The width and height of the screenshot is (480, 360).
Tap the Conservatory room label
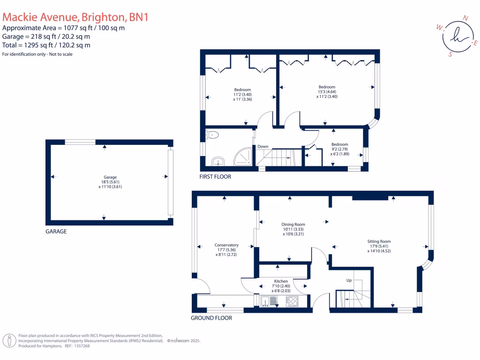point(226,245)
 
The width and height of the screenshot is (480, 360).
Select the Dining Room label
point(293,225)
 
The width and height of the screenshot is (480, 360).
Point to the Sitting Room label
point(379,241)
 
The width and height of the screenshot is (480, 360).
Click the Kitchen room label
point(281,281)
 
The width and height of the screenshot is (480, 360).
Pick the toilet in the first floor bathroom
point(212,135)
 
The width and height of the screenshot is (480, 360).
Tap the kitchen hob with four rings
point(292,301)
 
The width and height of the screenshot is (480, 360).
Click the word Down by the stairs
point(262,147)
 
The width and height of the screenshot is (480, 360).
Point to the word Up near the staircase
point(349,280)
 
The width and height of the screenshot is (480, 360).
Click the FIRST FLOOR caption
point(216,177)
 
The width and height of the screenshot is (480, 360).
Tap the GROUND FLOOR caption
point(211,318)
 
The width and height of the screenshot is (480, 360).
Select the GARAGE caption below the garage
point(56,232)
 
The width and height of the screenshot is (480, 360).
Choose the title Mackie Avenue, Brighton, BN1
point(75,17)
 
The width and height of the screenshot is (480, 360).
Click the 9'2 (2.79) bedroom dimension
point(340,149)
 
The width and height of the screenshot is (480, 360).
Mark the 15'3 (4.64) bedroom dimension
point(327,92)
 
